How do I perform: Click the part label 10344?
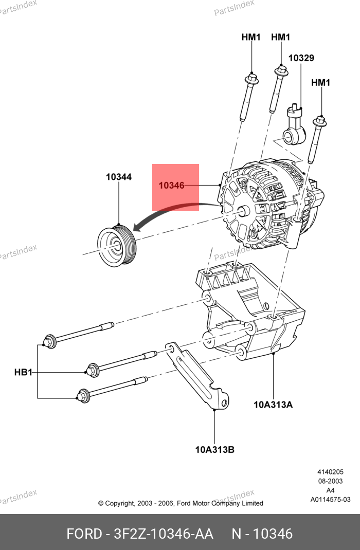[x=119, y=177]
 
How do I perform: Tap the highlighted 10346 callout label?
[x=171, y=186]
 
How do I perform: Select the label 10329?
[x=301, y=58]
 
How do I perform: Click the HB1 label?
[x=23, y=372]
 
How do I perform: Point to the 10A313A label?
[x=273, y=405]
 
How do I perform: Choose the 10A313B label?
[x=214, y=450]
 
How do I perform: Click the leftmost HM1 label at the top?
[x=251, y=37]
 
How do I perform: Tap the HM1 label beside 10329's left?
[x=281, y=37]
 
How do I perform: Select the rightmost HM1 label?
[x=320, y=82]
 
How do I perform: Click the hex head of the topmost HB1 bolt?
[x=49, y=341]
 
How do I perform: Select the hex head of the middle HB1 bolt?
[x=93, y=370]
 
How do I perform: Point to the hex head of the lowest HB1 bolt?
[x=82, y=395]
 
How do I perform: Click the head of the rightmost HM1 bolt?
[x=319, y=121]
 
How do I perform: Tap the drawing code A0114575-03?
[x=330, y=500]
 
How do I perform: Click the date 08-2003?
[x=330, y=481]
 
